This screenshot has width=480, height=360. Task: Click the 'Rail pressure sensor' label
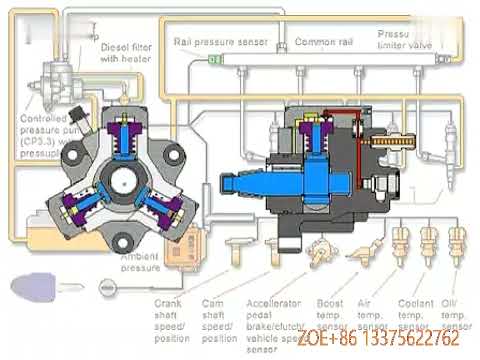219,43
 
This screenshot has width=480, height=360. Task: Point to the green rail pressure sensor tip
213,60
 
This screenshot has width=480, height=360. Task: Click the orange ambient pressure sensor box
183,252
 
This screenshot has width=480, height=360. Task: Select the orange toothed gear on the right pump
384,151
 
